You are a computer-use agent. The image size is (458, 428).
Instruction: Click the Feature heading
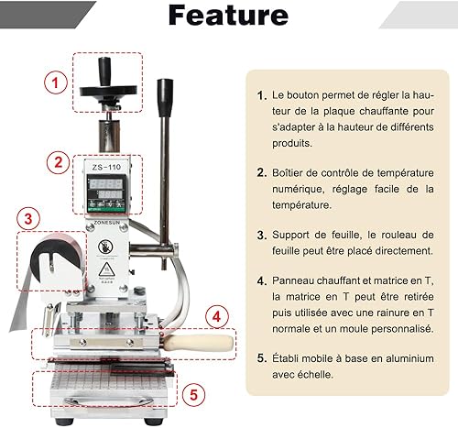coord(228,16)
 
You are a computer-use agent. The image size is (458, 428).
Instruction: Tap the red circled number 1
coord(56,82)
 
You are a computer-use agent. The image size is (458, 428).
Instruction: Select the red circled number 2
coord(58,162)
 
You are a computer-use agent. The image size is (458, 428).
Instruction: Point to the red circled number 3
coord(28,219)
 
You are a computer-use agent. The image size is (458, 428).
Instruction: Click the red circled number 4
coord(216,317)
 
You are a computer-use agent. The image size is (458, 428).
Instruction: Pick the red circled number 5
coord(194,395)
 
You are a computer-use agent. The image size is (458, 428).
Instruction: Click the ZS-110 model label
coord(106,167)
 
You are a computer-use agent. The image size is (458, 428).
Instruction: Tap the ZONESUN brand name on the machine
coord(107,223)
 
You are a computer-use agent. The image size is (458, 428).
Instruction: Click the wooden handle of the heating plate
coord(199,343)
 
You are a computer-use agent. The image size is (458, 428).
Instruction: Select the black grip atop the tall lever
coord(165,98)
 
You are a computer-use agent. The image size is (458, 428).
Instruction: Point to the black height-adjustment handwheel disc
coord(108,91)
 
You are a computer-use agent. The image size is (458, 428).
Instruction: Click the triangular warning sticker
coord(106,269)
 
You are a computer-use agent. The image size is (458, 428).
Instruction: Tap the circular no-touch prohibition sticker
coord(105,247)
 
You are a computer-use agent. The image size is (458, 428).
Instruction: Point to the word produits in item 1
coord(292,143)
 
